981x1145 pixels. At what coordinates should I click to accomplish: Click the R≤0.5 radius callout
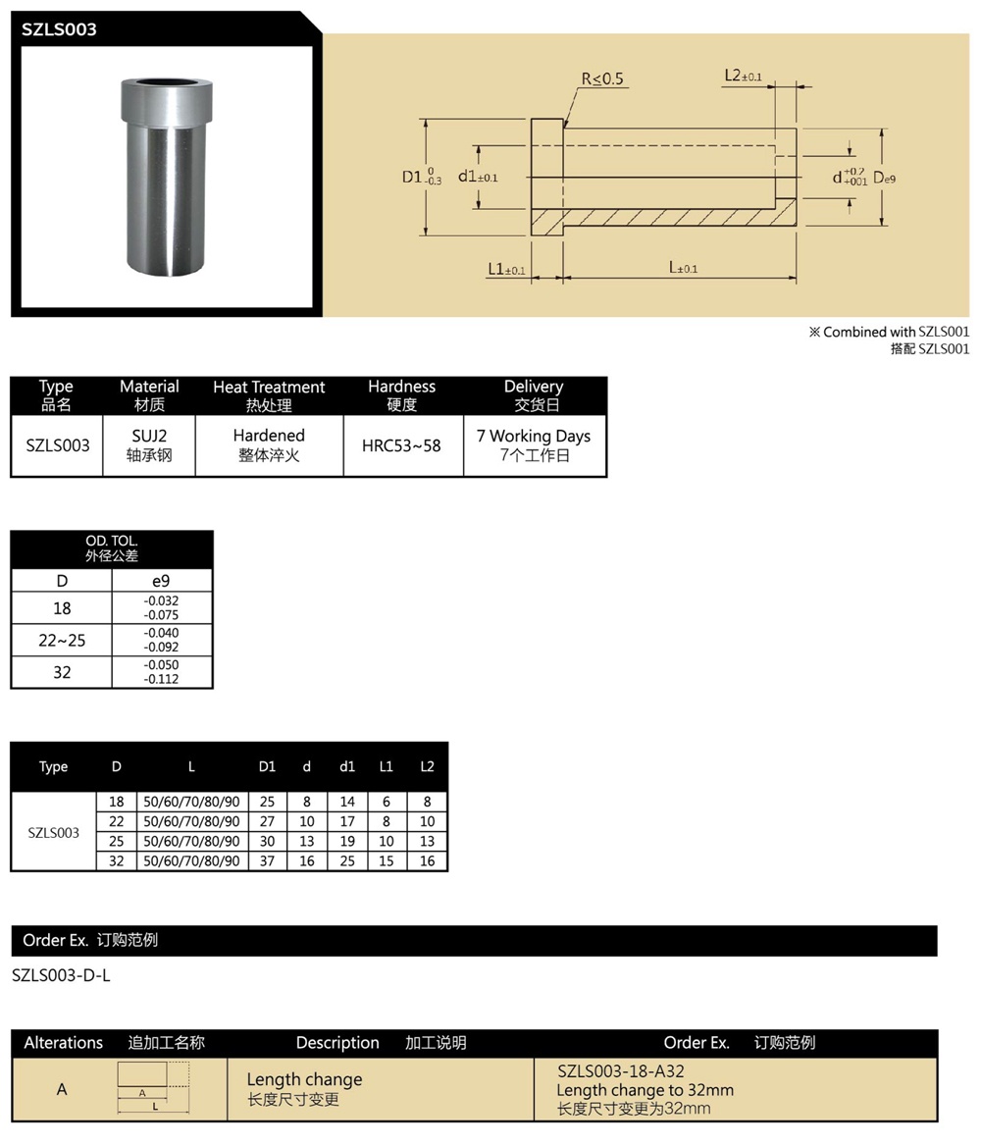[602, 79]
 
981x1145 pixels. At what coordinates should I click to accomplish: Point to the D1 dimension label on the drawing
[420, 178]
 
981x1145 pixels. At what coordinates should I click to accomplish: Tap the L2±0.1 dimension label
[744, 76]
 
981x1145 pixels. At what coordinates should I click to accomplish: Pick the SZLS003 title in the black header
[60, 29]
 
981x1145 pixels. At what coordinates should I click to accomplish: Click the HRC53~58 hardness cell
[401, 445]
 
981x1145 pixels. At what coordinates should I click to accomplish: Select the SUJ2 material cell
[149, 445]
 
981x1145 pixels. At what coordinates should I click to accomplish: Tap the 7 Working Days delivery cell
[534, 445]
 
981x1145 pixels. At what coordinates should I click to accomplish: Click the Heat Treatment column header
[269, 395]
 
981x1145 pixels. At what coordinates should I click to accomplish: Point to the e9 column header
[161, 581]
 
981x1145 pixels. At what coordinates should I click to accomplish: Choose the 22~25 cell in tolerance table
[62, 641]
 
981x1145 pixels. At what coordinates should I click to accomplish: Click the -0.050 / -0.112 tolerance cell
[161, 672]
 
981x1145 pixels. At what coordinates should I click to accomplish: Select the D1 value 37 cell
[267, 860]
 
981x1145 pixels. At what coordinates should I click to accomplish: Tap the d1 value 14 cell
[347, 802]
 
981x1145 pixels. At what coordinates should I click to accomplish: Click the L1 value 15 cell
[387, 860]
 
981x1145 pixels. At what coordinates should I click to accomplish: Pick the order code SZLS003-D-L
[61, 976]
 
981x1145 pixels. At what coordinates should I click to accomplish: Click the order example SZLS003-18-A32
[620, 1071]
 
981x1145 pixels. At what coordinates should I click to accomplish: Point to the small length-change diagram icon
[153, 1087]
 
